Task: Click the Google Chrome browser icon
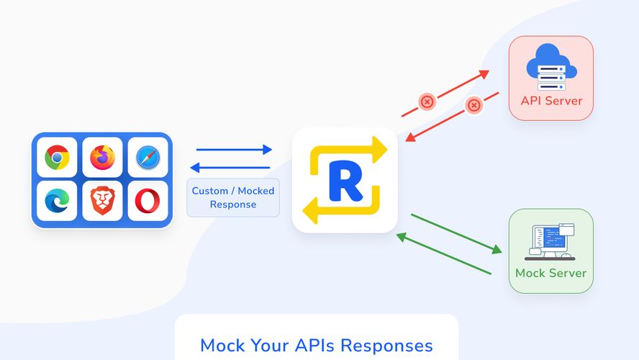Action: click(x=57, y=157)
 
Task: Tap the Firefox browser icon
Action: click(x=102, y=157)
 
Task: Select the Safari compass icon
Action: click(x=148, y=157)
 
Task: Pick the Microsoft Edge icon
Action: click(x=57, y=201)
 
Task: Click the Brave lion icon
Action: click(x=102, y=202)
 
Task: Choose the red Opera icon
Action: click(x=148, y=202)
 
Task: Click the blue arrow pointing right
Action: click(x=234, y=150)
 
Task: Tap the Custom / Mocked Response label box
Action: click(x=232, y=198)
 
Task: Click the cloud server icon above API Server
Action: click(x=551, y=66)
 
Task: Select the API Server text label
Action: click(x=551, y=101)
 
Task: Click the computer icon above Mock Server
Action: click(x=550, y=242)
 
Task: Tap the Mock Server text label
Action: click(x=550, y=274)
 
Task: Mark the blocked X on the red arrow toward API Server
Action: click(x=427, y=102)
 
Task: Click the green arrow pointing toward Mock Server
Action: click(x=456, y=233)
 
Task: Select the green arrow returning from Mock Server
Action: click(x=443, y=254)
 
